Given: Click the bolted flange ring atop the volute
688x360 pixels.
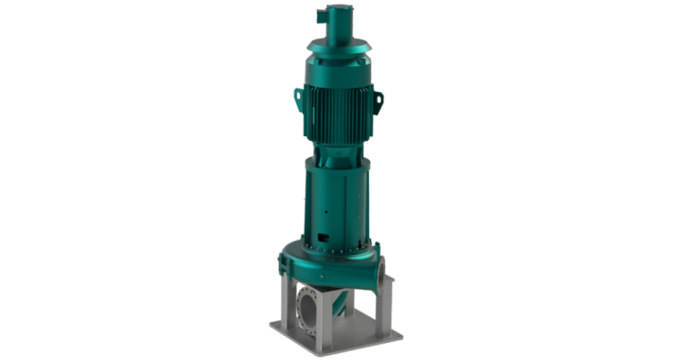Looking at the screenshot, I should pos(336,246).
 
